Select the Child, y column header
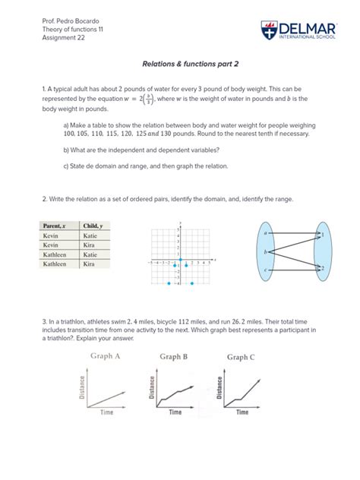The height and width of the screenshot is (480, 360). (93, 226)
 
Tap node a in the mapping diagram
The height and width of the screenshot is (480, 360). (266, 232)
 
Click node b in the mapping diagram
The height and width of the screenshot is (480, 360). (266, 251)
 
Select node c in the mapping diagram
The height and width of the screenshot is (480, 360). (266, 270)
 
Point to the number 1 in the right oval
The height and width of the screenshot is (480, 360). (323, 235)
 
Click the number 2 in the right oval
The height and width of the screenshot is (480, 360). (323, 267)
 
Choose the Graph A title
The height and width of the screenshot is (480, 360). (106, 355)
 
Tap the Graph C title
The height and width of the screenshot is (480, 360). (241, 356)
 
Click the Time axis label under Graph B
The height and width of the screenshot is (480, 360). (175, 412)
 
